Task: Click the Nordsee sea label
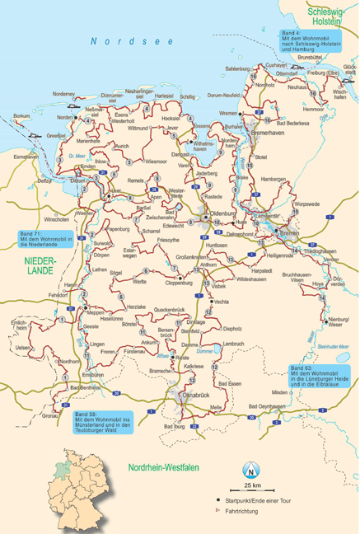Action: coord(132,40)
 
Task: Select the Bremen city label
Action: coord(289,234)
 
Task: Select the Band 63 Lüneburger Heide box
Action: coord(320,375)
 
